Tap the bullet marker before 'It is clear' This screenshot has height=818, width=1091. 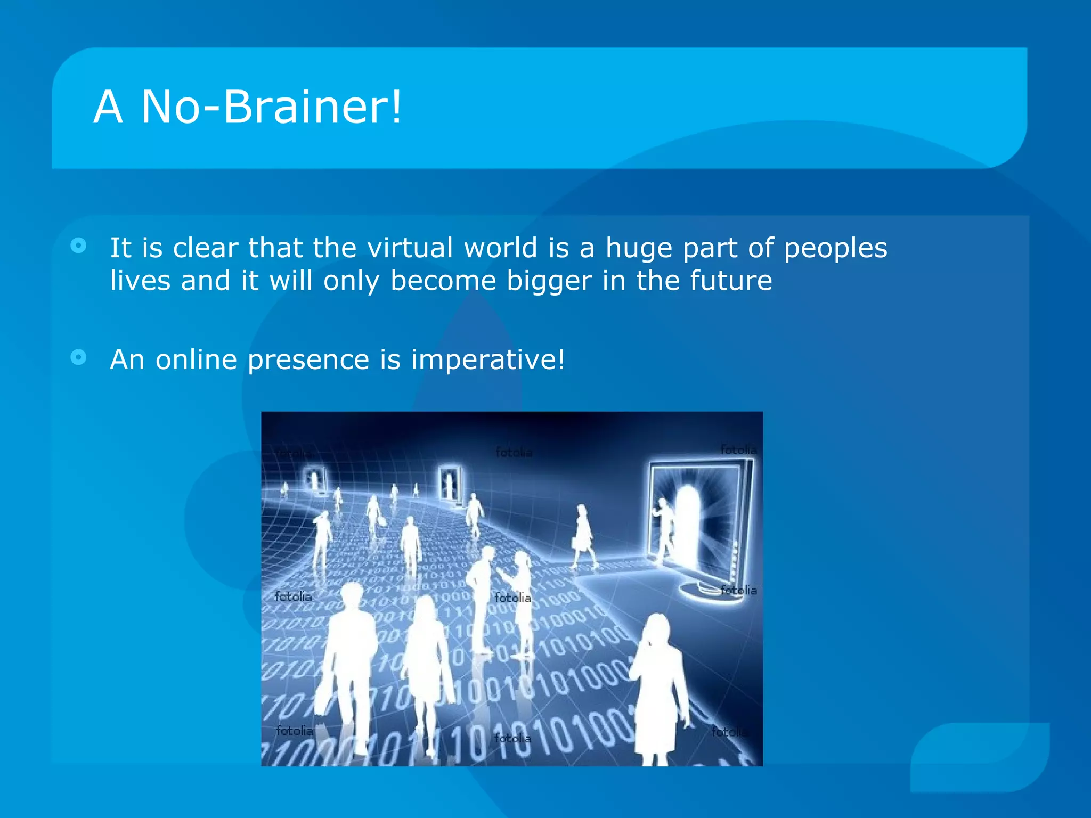tap(78, 246)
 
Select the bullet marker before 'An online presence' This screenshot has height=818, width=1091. tap(78, 357)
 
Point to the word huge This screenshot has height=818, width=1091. tap(639, 249)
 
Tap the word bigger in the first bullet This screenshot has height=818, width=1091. tap(549, 281)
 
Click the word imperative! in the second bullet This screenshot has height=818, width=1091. tap(487, 359)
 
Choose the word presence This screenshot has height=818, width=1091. tap(308, 361)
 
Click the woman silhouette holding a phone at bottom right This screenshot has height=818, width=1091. tap(658, 687)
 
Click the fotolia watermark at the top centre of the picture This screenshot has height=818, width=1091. tap(514, 453)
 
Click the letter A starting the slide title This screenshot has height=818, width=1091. tap(108, 107)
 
